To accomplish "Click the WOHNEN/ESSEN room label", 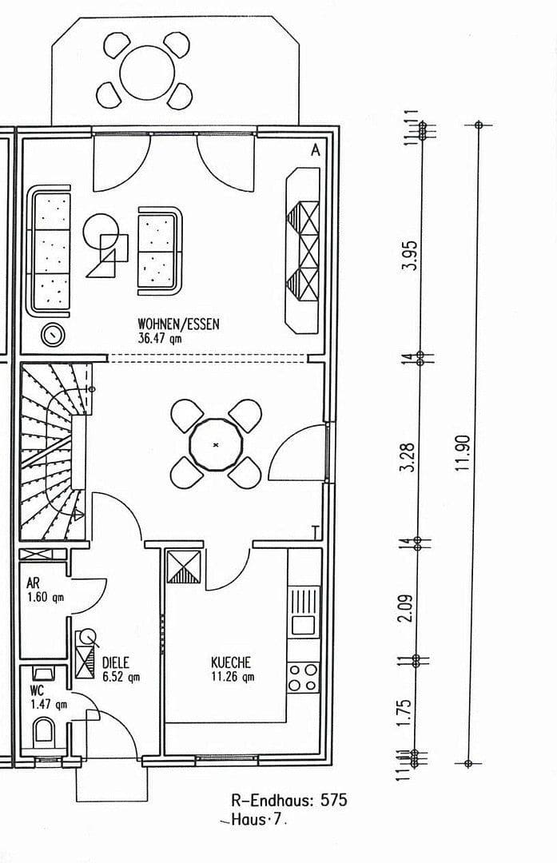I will point(178,324).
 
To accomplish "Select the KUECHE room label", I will point(231,662).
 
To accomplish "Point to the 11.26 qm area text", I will point(233,677).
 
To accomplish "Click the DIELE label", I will point(116,662).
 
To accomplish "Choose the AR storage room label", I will point(33,583).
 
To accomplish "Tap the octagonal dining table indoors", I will point(216,444).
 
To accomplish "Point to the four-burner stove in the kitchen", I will point(303,677).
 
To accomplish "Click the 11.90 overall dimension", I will point(463,453).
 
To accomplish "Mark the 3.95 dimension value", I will point(412,256).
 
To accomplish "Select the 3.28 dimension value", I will point(408,454).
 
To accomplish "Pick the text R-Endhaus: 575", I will point(288,800).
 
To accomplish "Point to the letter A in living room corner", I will point(315,149).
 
